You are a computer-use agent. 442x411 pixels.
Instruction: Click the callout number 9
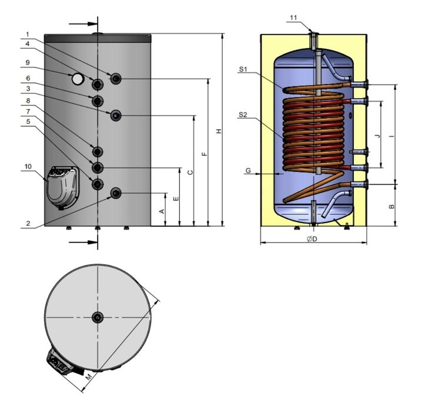tap(27, 62)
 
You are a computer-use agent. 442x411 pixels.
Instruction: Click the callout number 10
tap(28, 167)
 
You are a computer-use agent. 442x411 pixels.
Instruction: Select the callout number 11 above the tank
tap(293, 18)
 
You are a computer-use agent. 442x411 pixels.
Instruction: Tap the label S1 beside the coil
tap(243, 69)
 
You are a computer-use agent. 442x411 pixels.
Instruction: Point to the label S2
tap(243, 115)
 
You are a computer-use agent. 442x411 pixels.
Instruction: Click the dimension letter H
tap(218, 130)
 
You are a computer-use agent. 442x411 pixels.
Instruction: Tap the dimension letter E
tap(175, 198)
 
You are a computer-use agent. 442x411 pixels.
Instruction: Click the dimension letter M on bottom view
tap(88, 376)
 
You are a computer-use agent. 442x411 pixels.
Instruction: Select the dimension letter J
tap(377, 136)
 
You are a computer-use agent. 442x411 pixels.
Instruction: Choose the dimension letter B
tap(391, 206)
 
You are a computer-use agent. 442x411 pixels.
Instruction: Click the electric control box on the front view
tap(62, 186)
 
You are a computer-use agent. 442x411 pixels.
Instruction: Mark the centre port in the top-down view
tap(97, 317)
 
